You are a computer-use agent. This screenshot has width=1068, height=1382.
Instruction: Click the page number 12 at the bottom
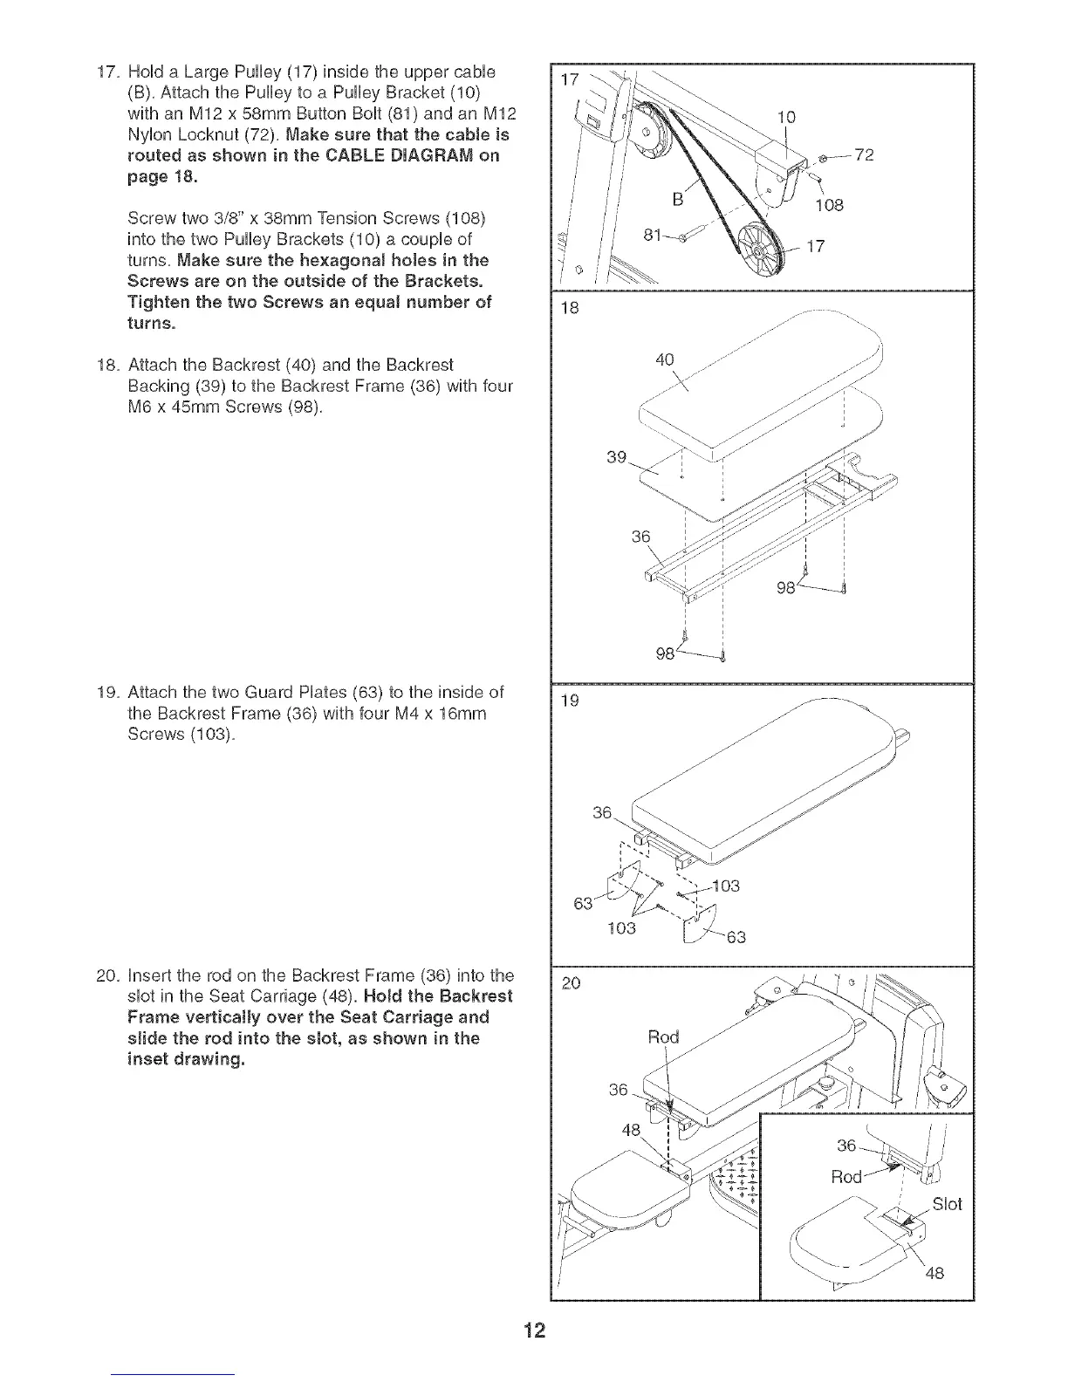coord(534,1330)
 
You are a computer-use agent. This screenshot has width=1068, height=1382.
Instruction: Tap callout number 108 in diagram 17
coord(829,206)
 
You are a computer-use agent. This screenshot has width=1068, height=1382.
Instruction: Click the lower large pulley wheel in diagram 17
coord(760,250)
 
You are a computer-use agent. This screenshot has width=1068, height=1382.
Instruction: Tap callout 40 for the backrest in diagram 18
coord(666,359)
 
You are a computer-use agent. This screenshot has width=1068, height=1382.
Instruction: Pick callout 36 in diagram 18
coord(641,537)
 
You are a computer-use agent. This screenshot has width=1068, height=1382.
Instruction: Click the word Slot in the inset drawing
coord(947,1204)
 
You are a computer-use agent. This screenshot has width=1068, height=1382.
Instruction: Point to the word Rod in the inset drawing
coord(846,1176)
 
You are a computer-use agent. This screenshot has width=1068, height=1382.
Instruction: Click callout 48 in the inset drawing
coord(934,1273)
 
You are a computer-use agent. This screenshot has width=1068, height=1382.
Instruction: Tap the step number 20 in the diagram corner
coord(572,983)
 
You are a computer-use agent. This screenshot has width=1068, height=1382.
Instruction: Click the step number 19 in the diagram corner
coord(571,700)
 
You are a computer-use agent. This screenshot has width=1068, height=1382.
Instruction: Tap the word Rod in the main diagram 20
coord(663,1036)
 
